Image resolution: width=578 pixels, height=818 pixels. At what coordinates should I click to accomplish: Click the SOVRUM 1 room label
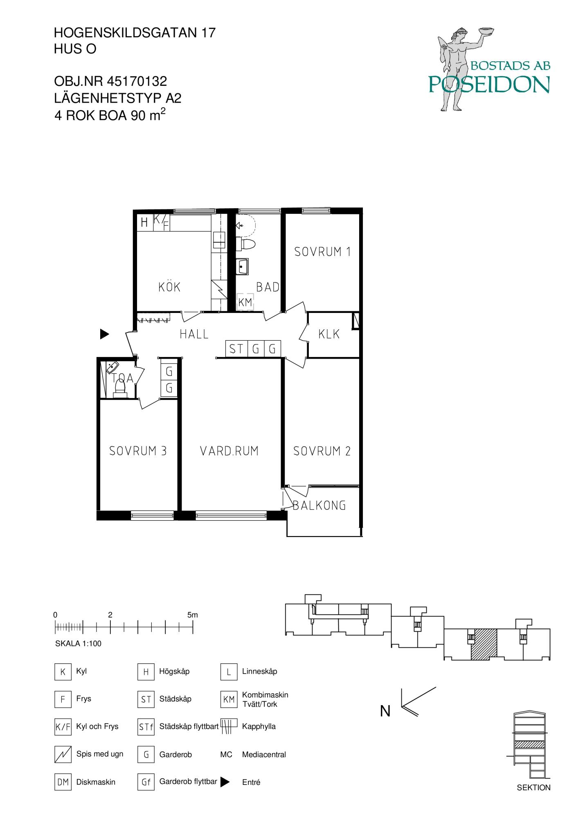322,251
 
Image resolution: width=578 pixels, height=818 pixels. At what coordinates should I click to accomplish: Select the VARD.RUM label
229,451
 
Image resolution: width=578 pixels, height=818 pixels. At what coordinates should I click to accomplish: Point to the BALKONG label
319,506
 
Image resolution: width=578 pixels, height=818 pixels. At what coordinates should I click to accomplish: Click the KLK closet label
329,334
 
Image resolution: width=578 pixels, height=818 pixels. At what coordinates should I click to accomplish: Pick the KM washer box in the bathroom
245,302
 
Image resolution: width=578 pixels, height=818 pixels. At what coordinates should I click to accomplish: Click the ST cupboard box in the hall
236,349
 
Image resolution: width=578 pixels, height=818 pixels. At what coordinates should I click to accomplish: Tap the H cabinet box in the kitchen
144,222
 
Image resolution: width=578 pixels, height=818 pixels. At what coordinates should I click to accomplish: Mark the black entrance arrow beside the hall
105,334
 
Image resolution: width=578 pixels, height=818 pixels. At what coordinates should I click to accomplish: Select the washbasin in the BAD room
243,267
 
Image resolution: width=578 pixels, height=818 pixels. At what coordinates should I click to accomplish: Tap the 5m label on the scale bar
192,615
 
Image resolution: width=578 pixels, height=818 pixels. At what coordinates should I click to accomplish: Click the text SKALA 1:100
78,643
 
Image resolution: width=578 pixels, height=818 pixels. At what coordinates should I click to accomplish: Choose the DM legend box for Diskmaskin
63,782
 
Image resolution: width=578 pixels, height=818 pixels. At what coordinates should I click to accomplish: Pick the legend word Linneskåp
259,671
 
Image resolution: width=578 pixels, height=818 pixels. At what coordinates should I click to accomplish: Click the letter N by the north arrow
385,711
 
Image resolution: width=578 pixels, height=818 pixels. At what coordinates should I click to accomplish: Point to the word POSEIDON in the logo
489,84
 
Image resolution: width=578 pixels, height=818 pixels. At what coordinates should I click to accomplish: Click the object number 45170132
137,81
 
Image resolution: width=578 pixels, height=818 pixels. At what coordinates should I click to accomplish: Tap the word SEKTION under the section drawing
533,787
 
